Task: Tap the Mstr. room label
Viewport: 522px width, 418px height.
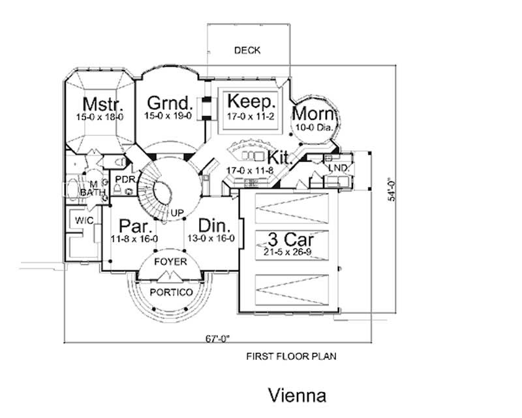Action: click(x=99, y=104)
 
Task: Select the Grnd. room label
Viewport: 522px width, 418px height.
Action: click(x=169, y=103)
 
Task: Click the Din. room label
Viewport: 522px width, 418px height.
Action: click(x=215, y=226)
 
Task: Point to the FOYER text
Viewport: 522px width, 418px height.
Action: click(x=170, y=262)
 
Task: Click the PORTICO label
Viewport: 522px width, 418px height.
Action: click(x=171, y=292)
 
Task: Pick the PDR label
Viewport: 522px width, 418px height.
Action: click(x=124, y=179)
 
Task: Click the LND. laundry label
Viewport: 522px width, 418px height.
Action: click(x=339, y=169)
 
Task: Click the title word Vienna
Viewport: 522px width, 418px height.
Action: click(x=296, y=396)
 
